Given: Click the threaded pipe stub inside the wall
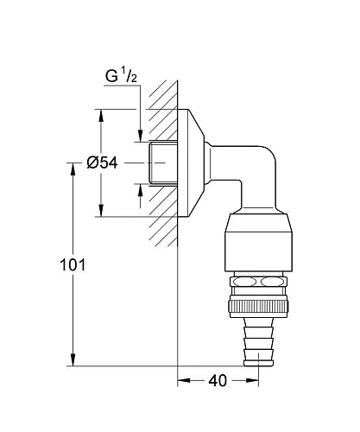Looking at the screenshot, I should [x=160, y=163].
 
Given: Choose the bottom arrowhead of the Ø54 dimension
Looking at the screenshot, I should [x=102, y=212].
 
